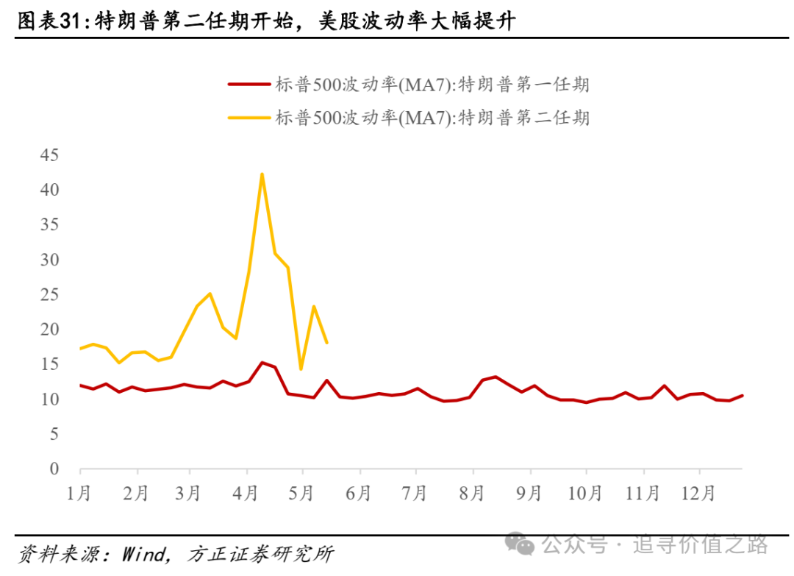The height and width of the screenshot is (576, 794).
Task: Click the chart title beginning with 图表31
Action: (x=265, y=22)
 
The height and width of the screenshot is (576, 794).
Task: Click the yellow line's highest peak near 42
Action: (x=262, y=174)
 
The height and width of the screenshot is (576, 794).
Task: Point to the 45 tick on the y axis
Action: (x=50, y=155)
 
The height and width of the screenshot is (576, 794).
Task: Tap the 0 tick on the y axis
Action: (x=54, y=469)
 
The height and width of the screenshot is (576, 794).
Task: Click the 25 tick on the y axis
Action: (x=50, y=295)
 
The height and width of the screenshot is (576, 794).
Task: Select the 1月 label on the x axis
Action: (x=79, y=492)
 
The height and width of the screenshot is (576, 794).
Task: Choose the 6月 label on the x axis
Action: (x=358, y=492)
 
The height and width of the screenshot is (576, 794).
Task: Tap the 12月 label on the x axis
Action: (x=698, y=492)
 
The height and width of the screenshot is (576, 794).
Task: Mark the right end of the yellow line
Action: (x=326, y=342)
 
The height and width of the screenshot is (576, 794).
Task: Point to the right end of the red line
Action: (x=743, y=395)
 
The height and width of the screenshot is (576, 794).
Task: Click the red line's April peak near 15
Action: (x=262, y=362)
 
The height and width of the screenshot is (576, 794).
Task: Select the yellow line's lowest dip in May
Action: (x=301, y=369)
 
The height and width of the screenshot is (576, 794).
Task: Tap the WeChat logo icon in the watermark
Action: (x=524, y=545)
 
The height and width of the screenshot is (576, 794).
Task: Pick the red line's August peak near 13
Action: (x=496, y=377)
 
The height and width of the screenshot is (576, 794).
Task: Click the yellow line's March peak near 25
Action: (x=210, y=294)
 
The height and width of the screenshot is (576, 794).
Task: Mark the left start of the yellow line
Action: (x=79, y=348)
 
